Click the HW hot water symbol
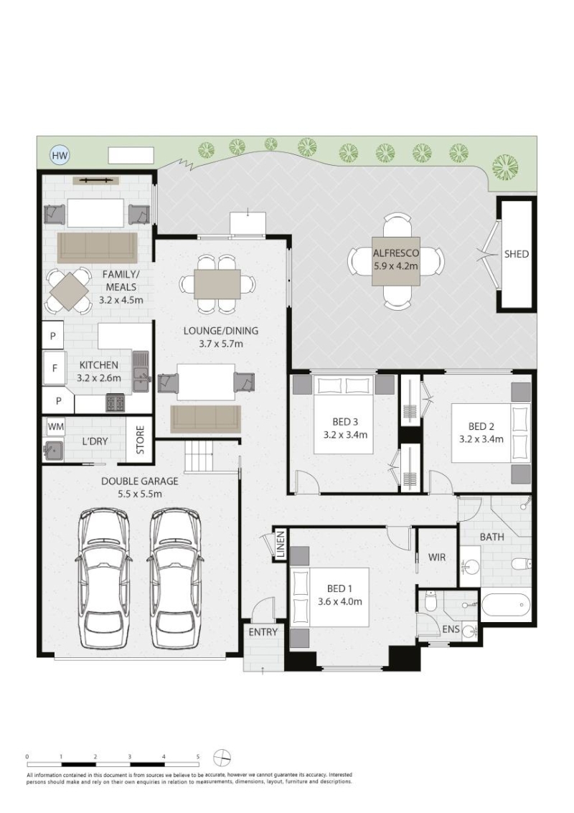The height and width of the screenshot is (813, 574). click(x=60, y=155)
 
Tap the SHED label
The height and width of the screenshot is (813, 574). click(x=516, y=254)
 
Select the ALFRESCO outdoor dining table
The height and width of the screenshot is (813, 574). click(x=396, y=260)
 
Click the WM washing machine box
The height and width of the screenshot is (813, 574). click(x=56, y=427)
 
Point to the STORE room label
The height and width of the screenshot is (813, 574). click(x=141, y=440)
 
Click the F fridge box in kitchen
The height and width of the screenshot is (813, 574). click(x=54, y=368)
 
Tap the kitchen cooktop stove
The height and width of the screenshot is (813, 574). click(x=115, y=403)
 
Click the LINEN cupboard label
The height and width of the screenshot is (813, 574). click(x=281, y=545)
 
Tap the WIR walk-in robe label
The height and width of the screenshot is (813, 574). click(x=436, y=558)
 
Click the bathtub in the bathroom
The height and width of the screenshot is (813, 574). click(x=506, y=605)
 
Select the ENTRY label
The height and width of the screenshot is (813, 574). click(x=263, y=632)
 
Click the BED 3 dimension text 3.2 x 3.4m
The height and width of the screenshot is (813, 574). click(x=345, y=435)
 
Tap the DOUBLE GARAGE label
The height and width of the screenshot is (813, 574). click(x=139, y=481)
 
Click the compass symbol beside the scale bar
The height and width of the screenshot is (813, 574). click(x=222, y=758)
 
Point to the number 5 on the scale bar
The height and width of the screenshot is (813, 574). click(x=197, y=756)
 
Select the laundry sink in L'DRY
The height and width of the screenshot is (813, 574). click(x=53, y=449)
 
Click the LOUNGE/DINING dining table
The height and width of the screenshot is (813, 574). click(x=217, y=283)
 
